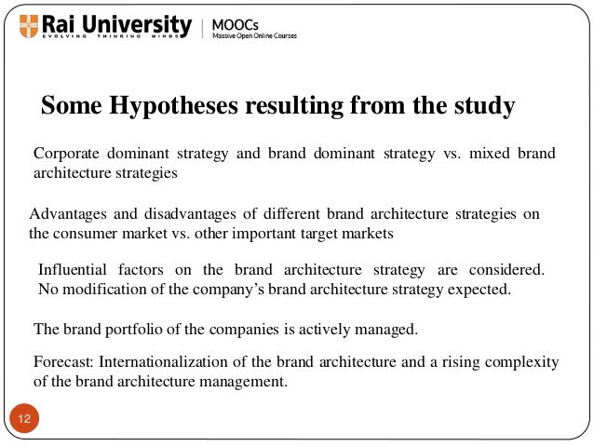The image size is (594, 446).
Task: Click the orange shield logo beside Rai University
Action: point(23,24)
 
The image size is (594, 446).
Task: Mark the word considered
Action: point(507,270)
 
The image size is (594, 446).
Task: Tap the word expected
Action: point(479,289)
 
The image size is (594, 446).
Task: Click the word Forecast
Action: point(62,362)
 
